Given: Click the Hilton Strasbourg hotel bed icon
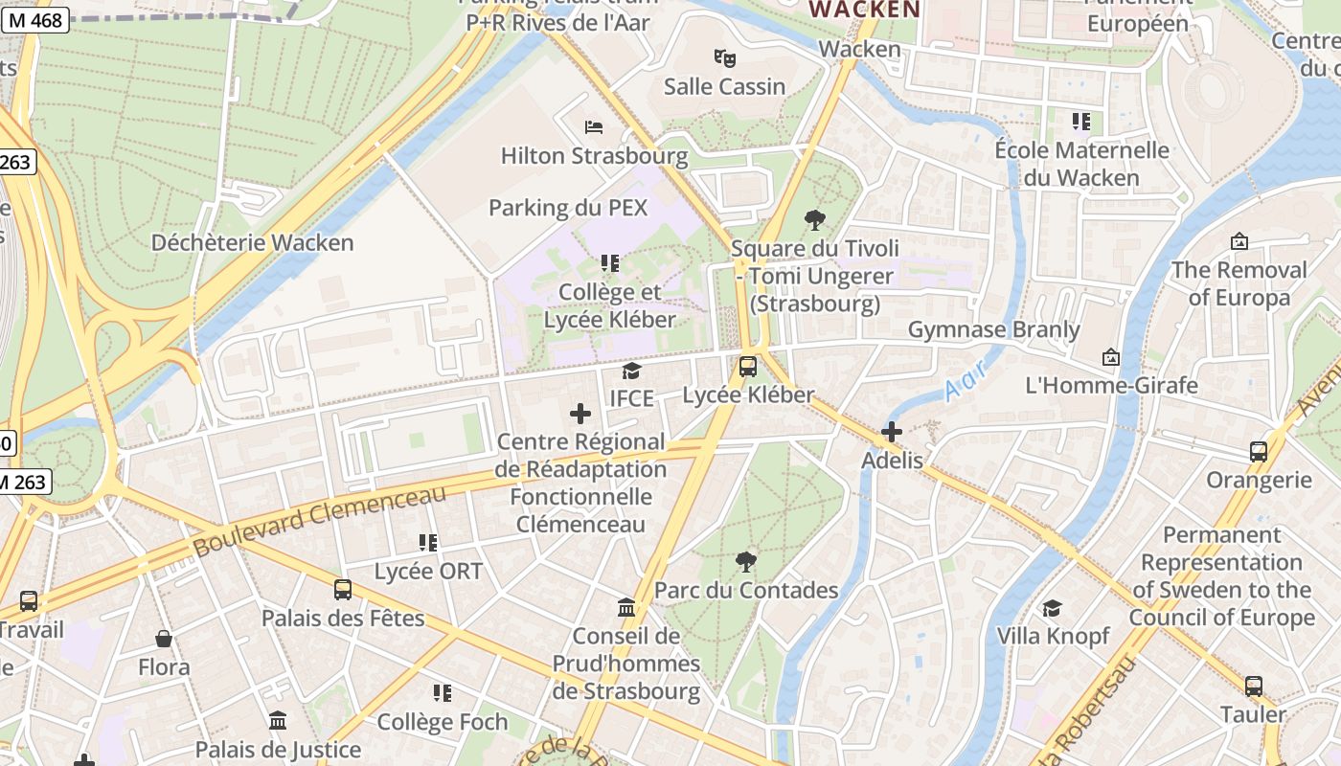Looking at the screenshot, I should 594,127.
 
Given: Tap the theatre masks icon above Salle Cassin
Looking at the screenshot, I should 725,58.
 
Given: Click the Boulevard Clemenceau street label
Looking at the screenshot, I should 320,522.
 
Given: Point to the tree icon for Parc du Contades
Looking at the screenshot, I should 746,562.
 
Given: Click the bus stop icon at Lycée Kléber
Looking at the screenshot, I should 748,367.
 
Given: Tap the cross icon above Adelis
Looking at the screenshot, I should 892,432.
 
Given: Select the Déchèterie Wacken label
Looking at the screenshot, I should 253,243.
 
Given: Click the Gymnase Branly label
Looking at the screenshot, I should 993,330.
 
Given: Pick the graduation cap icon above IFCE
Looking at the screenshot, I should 631,371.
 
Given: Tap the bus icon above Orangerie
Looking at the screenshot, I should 1259,452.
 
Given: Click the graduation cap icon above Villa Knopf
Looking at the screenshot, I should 1052,608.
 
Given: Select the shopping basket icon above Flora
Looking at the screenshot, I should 164,639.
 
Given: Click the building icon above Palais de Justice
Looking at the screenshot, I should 278,720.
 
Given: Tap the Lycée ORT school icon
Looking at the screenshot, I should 428,543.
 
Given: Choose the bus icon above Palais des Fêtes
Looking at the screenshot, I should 343,590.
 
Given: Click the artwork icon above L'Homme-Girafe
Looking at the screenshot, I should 1111,357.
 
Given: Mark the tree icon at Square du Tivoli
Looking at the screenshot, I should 815,220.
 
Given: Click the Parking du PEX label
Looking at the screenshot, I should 568,208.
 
